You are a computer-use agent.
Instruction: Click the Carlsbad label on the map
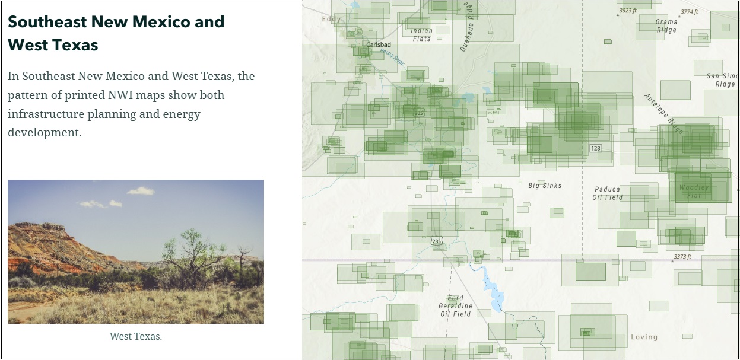click(379, 44)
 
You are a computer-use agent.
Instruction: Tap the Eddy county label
click(332, 19)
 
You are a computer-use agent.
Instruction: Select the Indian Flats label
click(421, 34)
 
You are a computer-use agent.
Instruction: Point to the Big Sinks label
click(545, 186)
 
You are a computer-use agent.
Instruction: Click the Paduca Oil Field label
click(608, 193)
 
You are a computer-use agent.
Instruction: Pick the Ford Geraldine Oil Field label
click(456, 306)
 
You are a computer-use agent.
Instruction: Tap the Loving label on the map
click(644, 337)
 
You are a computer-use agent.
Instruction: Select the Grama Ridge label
click(666, 26)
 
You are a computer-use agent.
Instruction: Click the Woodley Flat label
click(694, 192)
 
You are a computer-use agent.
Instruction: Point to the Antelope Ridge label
click(664, 113)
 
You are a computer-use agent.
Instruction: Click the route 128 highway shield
click(595, 148)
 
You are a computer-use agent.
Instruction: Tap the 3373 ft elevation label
click(682, 257)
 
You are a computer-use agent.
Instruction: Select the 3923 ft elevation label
click(628, 11)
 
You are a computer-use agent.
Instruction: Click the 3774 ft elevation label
click(690, 12)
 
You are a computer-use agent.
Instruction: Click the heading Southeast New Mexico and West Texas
click(116, 33)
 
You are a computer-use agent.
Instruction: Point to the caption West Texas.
click(136, 336)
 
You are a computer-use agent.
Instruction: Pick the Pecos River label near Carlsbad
click(392, 57)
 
